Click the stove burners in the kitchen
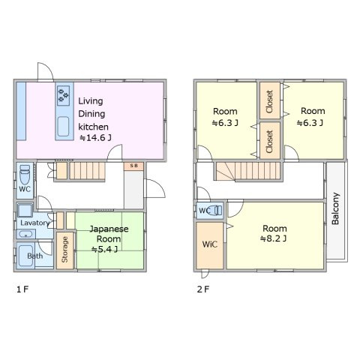(x=64, y=95)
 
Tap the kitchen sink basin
(x=63, y=127)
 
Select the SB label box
(x=133, y=166)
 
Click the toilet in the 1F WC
(x=25, y=174)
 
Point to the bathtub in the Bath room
(x=26, y=256)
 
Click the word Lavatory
(x=34, y=223)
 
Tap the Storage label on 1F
(x=64, y=250)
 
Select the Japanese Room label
(x=109, y=234)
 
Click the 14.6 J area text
(x=95, y=137)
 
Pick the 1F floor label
(x=22, y=289)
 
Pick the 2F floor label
(x=203, y=289)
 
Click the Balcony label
(x=335, y=208)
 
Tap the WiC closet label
(x=210, y=244)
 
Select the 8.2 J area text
(x=273, y=238)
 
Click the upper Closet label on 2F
(x=269, y=101)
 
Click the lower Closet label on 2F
(x=269, y=142)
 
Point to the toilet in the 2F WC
(x=215, y=211)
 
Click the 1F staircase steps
(x=87, y=171)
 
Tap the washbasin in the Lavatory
(x=26, y=235)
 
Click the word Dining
(x=91, y=114)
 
